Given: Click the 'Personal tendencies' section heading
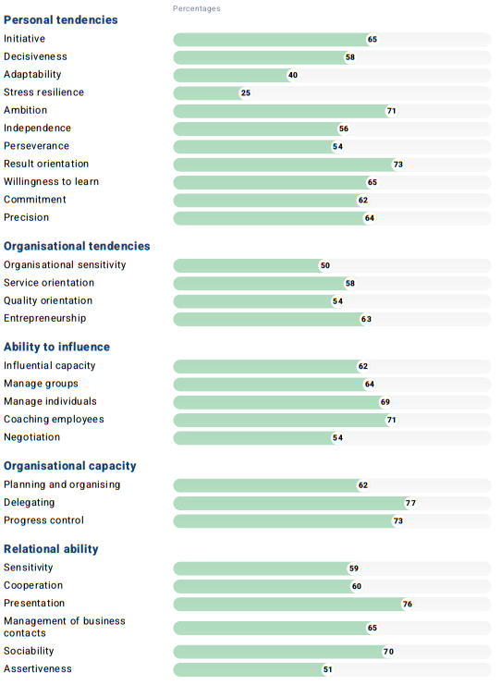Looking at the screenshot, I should pyautogui.click(x=60, y=19).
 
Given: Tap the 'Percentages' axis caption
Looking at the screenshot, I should pyautogui.click(x=196, y=8).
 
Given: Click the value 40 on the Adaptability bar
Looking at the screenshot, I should pyautogui.click(x=292, y=75).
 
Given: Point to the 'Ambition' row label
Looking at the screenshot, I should pyautogui.click(x=25, y=110).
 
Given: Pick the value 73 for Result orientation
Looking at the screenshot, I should pyautogui.click(x=398, y=165).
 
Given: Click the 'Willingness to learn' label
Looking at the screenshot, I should pyautogui.click(x=51, y=181).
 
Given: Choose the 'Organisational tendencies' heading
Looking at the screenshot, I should pyautogui.click(x=77, y=246).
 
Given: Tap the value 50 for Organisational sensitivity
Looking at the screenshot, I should pyautogui.click(x=324, y=265).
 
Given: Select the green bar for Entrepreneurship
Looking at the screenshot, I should pyautogui.click(x=268, y=319).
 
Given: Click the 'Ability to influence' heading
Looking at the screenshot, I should pyautogui.click(x=56, y=347).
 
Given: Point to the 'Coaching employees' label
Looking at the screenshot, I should pyautogui.click(x=54, y=419).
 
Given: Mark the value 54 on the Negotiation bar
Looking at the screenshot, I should pyautogui.click(x=337, y=438).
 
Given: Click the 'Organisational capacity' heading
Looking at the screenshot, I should pyautogui.click(x=70, y=466).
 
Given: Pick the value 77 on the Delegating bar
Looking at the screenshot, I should pyautogui.click(x=411, y=504).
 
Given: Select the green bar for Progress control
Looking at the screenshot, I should pyautogui.click(x=282, y=521).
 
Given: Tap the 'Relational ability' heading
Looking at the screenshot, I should pyautogui.click(x=51, y=549).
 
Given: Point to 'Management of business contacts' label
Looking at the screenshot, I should pyautogui.click(x=64, y=627).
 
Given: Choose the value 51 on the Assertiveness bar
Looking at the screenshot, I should pyautogui.click(x=327, y=669).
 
